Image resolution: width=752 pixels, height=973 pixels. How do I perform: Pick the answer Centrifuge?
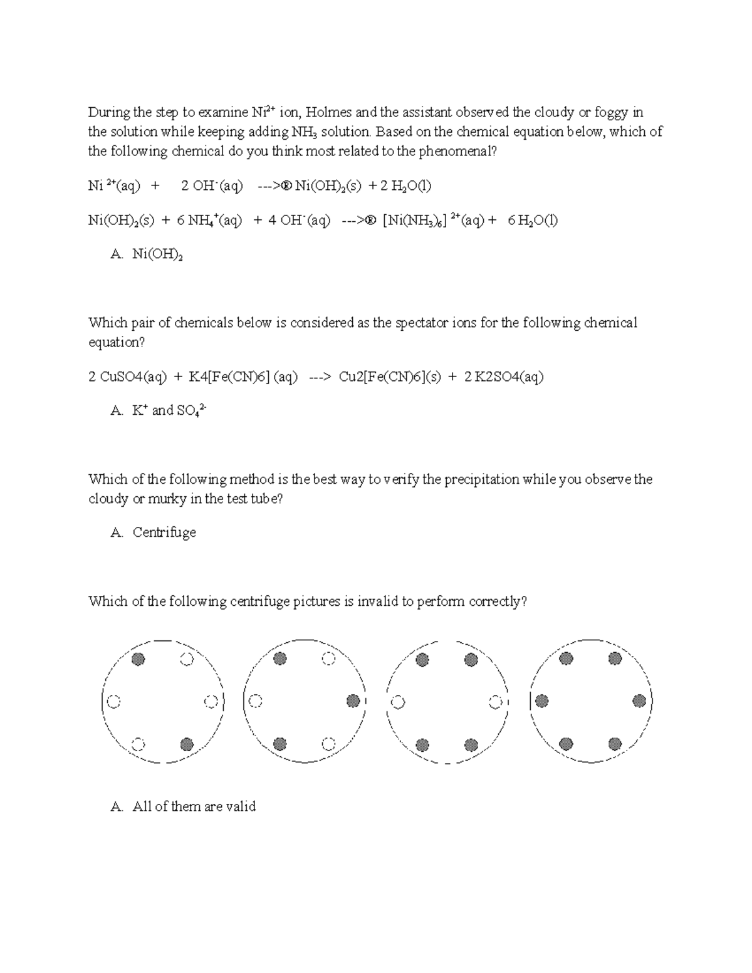[164, 533]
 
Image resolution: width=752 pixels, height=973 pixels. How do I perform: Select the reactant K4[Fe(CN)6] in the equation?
[243, 377]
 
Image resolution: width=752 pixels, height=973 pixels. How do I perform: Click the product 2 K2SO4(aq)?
[504, 377]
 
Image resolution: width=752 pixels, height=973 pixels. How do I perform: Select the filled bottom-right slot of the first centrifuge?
[187, 744]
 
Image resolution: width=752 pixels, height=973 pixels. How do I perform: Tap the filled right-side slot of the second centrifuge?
[353, 701]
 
